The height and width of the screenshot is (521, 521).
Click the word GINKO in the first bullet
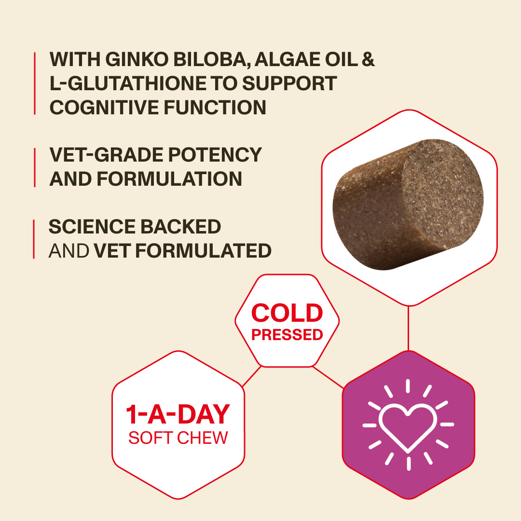click(x=137, y=59)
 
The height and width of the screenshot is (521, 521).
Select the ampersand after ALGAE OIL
click(x=368, y=59)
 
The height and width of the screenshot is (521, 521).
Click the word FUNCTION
click(x=215, y=107)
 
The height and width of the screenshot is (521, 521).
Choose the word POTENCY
click(x=215, y=155)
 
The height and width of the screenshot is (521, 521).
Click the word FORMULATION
click(x=169, y=179)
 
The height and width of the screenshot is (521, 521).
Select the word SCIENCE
click(x=92, y=227)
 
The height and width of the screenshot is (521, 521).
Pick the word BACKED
click(x=181, y=227)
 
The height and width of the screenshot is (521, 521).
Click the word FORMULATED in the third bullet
click(x=204, y=250)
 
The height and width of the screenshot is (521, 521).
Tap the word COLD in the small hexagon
click(x=287, y=313)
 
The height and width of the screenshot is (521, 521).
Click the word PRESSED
click(x=287, y=335)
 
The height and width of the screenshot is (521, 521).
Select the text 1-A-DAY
click(x=178, y=414)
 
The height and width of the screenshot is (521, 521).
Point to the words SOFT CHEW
click(x=178, y=438)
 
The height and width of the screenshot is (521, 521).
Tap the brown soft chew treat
click(x=408, y=205)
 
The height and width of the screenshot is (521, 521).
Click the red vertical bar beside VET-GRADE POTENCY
click(x=35, y=167)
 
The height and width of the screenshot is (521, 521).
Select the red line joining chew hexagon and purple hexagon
click(x=408, y=328)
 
